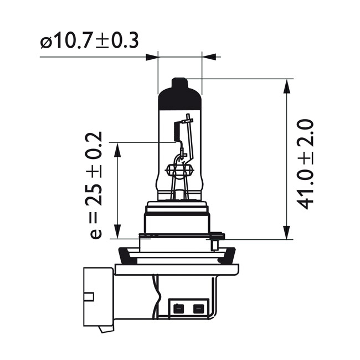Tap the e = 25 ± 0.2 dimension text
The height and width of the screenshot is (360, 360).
(x=95, y=186)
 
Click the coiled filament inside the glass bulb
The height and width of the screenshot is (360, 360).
(x=177, y=131)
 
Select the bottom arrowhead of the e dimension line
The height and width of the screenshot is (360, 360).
(x=117, y=234)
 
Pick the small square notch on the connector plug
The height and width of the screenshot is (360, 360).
(x=88, y=296)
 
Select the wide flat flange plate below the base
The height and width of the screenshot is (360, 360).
(x=177, y=270)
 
